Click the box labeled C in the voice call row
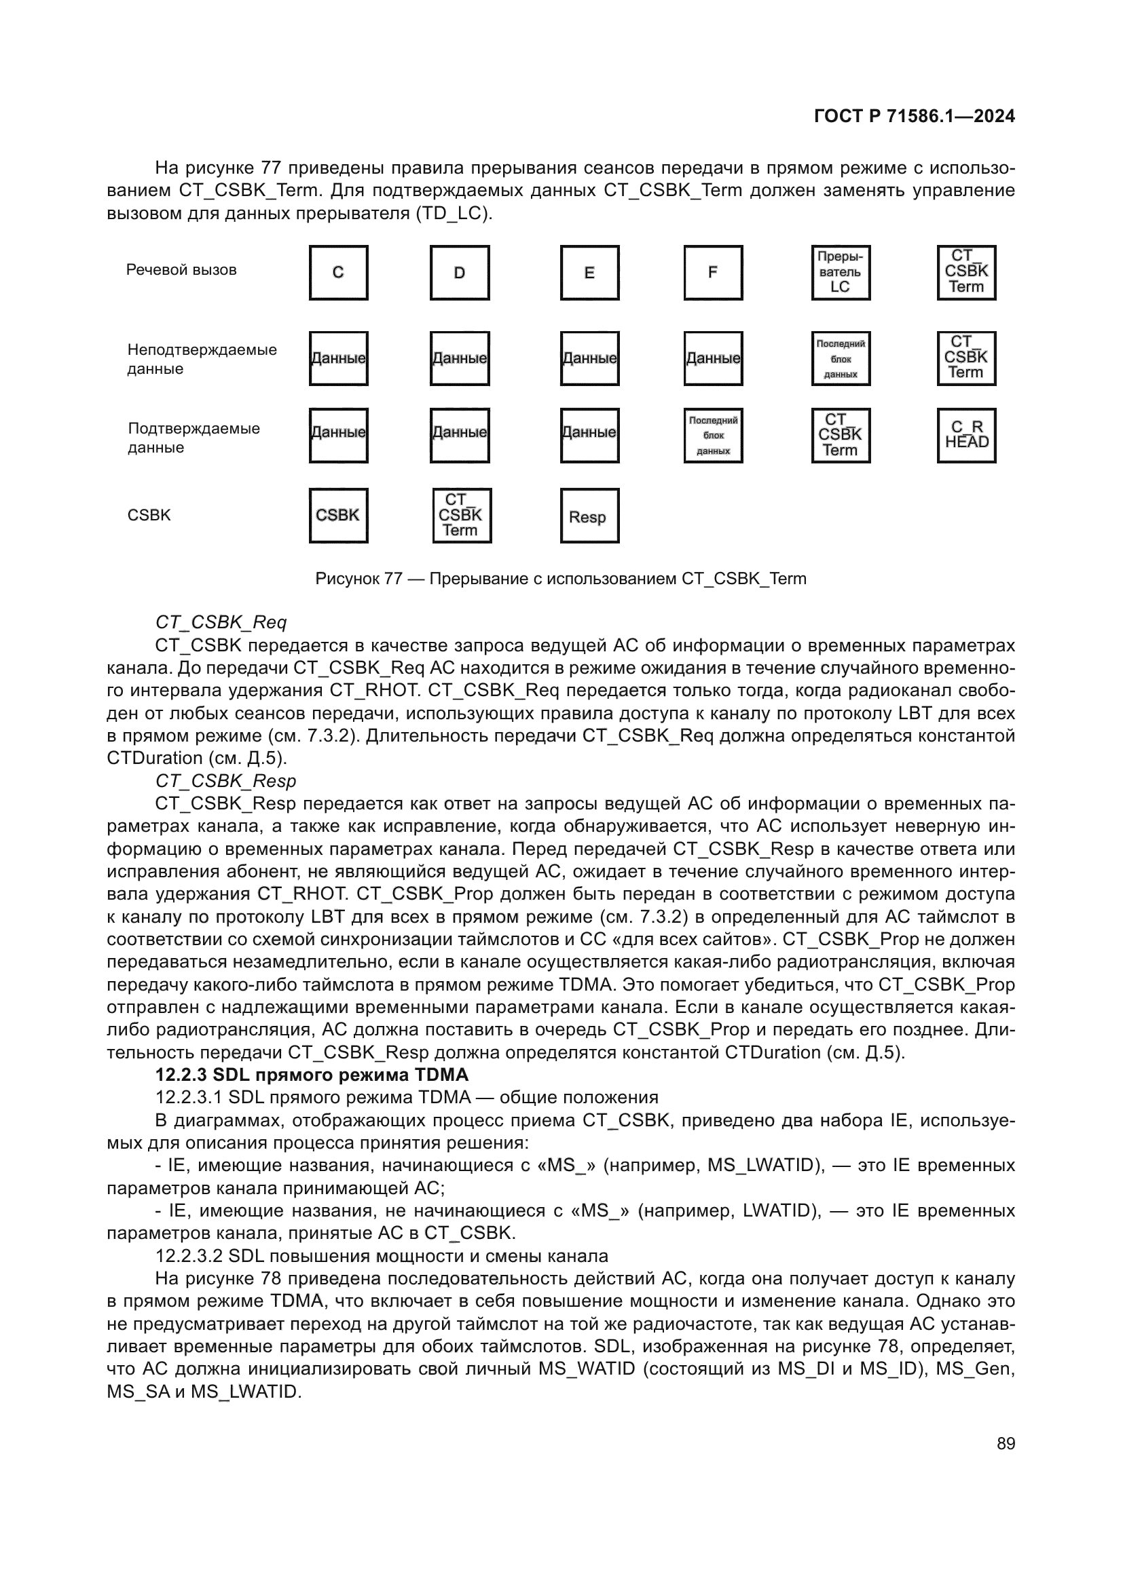click(338, 272)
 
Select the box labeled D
click(459, 272)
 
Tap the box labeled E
click(589, 272)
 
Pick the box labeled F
click(713, 272)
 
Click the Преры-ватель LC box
click(840, 272)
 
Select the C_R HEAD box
click(966, 435)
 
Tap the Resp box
click(589, 516)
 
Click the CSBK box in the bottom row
click(338, 516)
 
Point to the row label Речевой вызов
click(181, 270)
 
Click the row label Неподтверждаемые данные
click(201, 359)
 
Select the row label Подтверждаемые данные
click(194, 438)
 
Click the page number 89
click(1006, 1443)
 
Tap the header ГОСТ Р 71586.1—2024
click(914, 116)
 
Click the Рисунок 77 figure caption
click(560, 579)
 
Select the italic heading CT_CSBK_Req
click(221, 622)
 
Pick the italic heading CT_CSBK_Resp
click(225, 781)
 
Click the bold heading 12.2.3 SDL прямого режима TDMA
click(312, 1075)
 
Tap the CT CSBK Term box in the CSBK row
click(461, 516)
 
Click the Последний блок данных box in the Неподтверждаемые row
click(840, 359)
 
